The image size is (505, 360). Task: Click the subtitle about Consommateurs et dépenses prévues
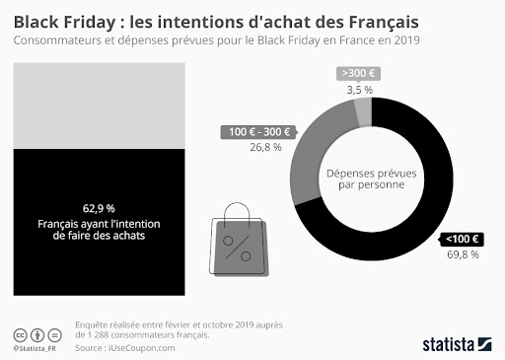(218, 41)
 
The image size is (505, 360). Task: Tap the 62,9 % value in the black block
(99, 208)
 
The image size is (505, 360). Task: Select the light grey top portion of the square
(98, 104)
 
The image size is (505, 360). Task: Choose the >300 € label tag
(359, 73)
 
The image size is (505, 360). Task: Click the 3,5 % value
(359, 90)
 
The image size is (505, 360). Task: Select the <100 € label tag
(462, 238)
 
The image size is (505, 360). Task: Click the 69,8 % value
(462, 254)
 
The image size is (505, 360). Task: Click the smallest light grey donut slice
(364, 112)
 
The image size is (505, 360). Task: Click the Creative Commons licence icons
(35, 333)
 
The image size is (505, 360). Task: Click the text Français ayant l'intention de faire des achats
(99, 230)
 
